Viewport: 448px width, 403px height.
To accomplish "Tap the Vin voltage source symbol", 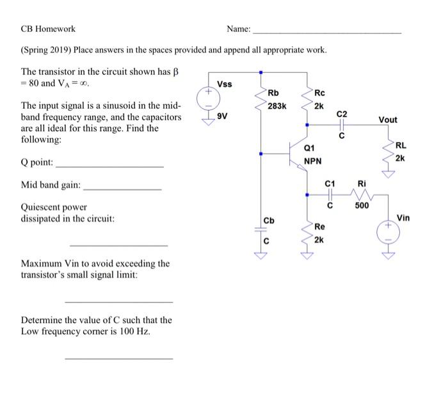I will pos(388,232).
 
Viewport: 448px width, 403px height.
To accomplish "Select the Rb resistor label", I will pos(273,94).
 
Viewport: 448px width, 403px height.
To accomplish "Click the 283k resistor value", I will pos(276,106).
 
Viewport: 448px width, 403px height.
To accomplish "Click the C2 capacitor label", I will pos(342,113).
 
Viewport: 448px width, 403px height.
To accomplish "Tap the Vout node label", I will pos(388,120).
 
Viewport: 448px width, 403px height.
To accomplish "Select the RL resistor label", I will pos(401,146).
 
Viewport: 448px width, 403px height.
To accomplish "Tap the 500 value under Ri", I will pos(362,205).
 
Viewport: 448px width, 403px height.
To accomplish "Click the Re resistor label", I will pos(320,227).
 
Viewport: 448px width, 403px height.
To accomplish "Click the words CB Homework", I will pos(48,29).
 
